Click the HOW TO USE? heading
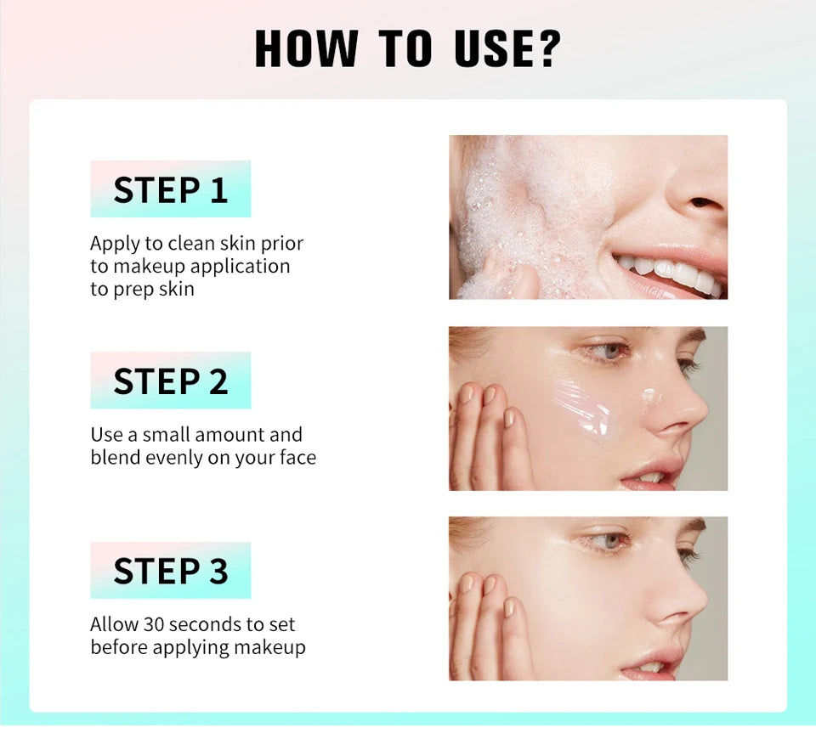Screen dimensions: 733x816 [408, 48]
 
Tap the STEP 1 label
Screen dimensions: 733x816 [171, 189]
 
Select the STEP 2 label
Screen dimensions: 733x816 [171, 381]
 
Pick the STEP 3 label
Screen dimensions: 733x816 [171, 571]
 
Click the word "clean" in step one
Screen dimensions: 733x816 [191, 243]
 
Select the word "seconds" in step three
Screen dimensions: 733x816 [205, 624]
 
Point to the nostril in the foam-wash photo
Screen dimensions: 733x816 [704, 204]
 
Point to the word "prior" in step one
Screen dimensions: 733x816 [282, 243]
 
